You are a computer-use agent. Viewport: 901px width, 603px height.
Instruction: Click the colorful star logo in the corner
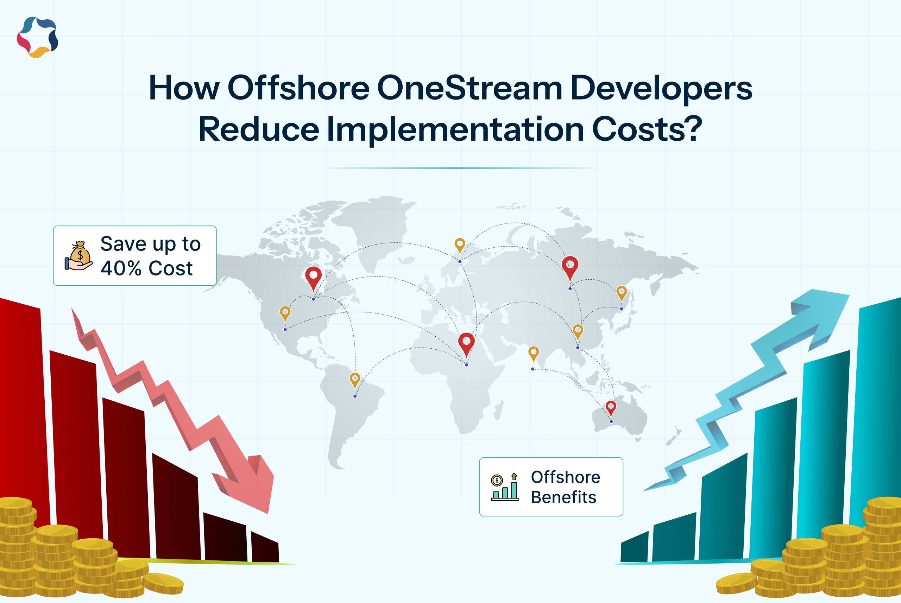[x=37, y=37]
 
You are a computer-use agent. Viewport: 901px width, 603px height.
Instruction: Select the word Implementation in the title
[x=455, y=130]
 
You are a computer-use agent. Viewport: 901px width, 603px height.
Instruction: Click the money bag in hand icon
[x=79, y=256]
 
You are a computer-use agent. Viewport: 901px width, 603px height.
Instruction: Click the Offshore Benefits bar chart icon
[x=505, y=487]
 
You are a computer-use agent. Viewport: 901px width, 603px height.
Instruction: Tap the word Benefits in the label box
[x=563, y=497]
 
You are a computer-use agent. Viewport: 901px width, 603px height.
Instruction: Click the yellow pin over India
[x=533, y=353]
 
